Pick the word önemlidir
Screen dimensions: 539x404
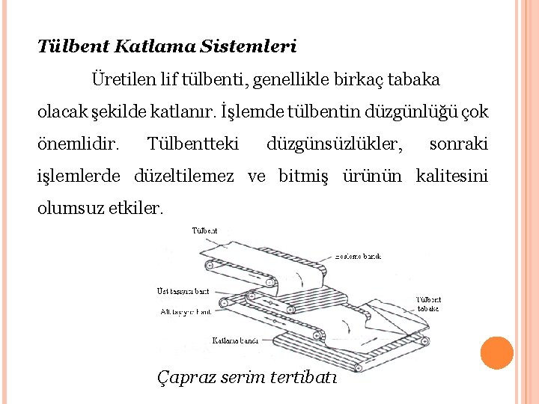click(78, 143)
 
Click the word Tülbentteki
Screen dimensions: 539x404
click(194, 143)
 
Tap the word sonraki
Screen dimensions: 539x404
click(459, 143)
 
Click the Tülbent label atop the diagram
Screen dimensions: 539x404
click(205, 230)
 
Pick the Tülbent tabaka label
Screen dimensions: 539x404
click(428, 304)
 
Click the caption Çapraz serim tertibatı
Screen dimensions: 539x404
click(247, 377)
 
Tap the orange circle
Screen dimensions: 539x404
click(496, 353)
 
